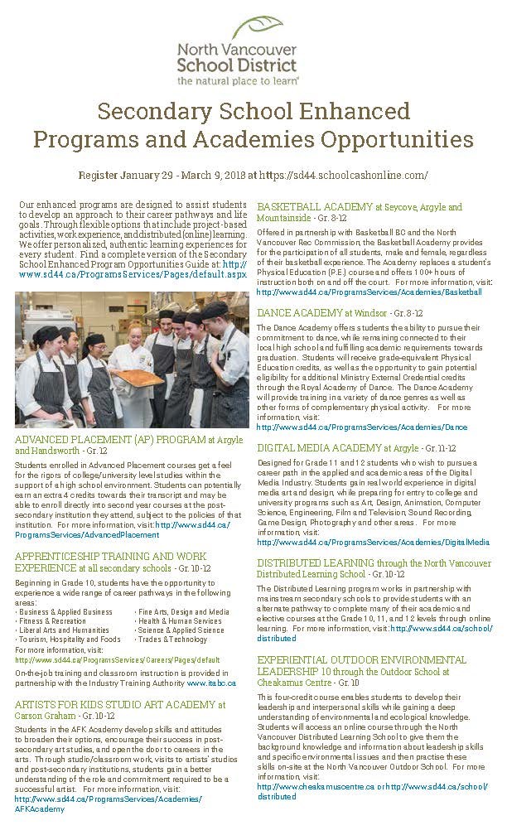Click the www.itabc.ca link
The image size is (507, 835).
point(211,683)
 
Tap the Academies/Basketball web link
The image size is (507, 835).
point(369,292)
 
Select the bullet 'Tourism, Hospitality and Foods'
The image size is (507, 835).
point(69,640)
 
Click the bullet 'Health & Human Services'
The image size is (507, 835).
point(180,621)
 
